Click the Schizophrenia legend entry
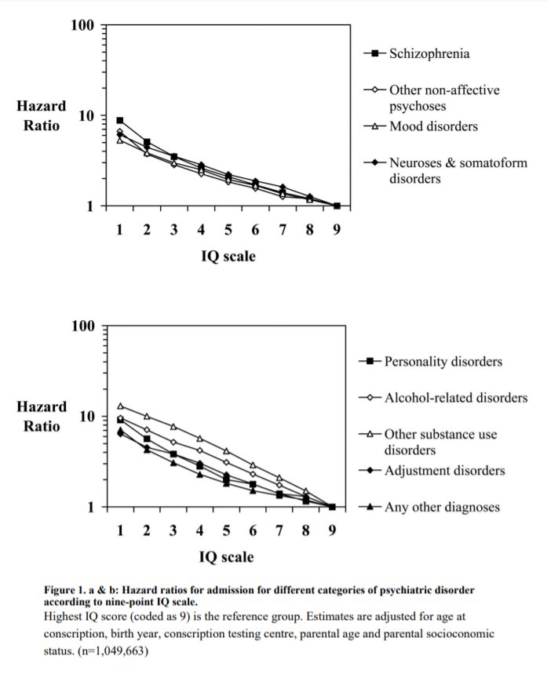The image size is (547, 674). coord(430,54)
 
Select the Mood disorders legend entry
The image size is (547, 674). coord(433,126)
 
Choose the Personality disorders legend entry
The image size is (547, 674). coord(443,362)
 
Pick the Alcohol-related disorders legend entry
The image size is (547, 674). coord(455,398)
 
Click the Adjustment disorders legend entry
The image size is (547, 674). coord(444,471)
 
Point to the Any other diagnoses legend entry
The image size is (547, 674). coord(442,507)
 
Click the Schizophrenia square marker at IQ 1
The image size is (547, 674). coord(120,121)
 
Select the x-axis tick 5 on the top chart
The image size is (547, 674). coord(228,230)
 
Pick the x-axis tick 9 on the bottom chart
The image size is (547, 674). coord(332,530)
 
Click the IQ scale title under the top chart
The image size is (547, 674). coord(228,256)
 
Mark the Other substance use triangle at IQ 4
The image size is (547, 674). coord(201,439)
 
